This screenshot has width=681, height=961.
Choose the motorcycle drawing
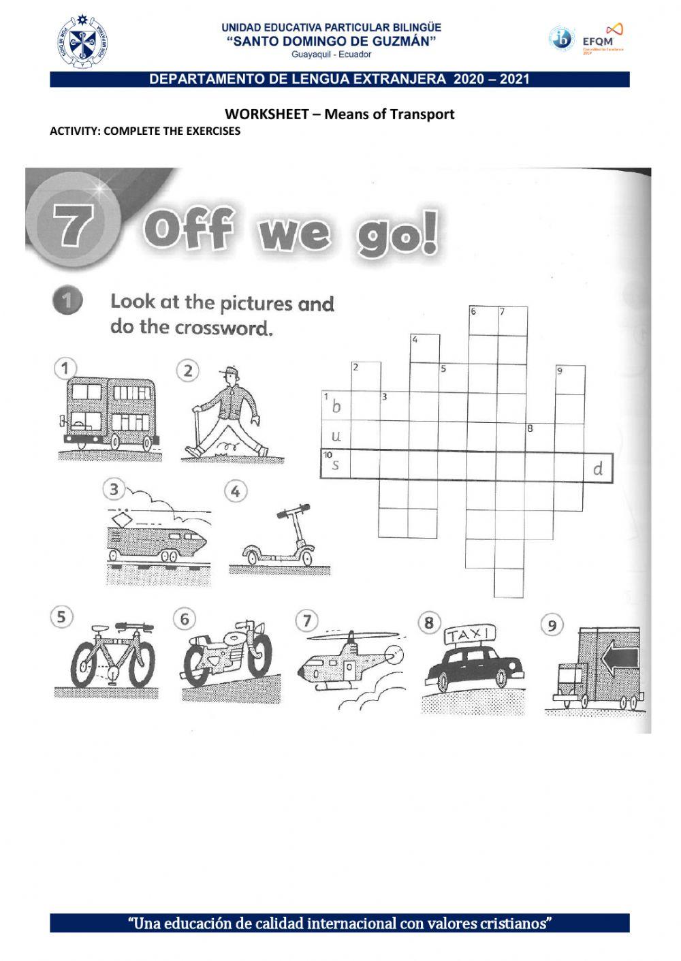coord(227,654)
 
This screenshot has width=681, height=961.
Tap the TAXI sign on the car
coord(470,635)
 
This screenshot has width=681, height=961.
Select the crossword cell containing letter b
coord(336,407)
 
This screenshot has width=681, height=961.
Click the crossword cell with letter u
coord(336,436)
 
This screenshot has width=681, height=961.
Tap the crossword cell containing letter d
coord(598,469)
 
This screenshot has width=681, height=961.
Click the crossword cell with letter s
coord(336,466)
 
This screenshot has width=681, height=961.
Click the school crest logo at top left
coord(82,41)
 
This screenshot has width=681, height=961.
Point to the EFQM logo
coord(603,39)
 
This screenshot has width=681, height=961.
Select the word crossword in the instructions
coord(223,328)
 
